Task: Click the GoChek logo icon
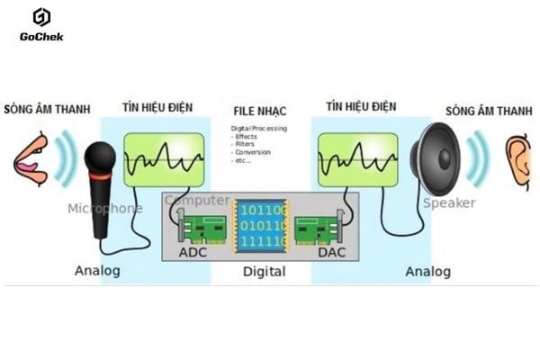tap(41, 18)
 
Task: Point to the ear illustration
tap(517, 161)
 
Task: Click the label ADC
tap(193, 252)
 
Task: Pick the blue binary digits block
tap(261, 224)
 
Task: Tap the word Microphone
tap(104, 209)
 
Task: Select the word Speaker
tap(448, 203)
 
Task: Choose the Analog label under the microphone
tap(97, 270)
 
